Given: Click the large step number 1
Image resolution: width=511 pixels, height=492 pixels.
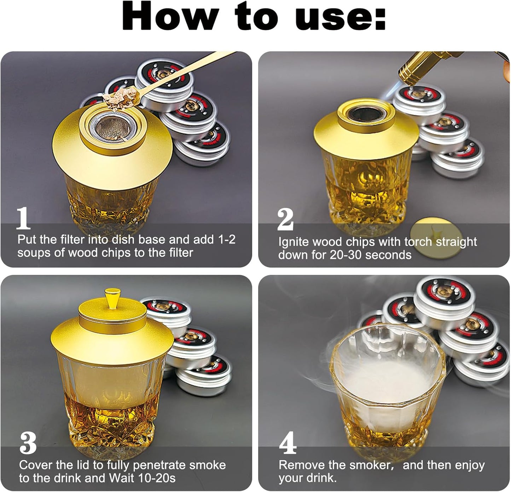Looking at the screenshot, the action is click(x=23, y=218).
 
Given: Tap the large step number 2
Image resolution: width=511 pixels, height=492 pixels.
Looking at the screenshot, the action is click(x=285, y=220).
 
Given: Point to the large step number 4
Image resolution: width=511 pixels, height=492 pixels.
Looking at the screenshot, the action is click(x=288, y=442).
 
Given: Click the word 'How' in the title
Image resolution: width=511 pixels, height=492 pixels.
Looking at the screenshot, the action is click(x=171, y=16).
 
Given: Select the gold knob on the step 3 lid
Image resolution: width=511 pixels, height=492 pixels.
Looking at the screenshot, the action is click(x=112, y=299).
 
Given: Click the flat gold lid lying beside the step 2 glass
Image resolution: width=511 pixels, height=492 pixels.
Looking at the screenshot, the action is click(x=436, y=238).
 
